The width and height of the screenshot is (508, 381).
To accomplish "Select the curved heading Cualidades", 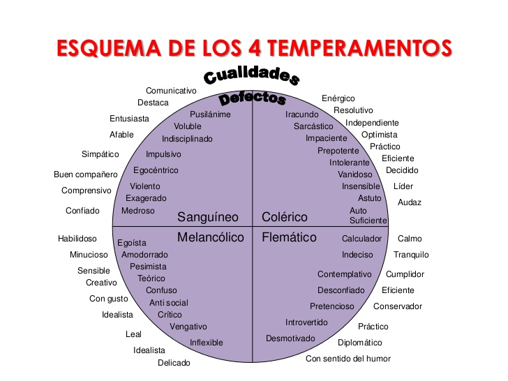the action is (251, 75).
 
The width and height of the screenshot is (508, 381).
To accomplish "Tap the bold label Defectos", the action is (253, 98).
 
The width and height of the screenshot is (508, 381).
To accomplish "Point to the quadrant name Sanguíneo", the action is (208, 217).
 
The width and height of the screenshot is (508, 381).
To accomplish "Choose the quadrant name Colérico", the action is (285, 217).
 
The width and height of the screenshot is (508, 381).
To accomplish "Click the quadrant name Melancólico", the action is (211, 237).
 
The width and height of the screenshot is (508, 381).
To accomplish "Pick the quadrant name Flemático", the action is (289, 237).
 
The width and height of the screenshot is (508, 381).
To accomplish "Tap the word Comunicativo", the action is (171, 91).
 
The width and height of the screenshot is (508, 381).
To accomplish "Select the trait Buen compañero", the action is (86, 174).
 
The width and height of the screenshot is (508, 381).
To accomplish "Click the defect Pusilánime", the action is (210, 114).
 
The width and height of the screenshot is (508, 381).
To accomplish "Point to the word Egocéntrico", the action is (156, 170).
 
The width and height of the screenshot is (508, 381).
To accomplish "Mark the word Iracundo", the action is (302, 114).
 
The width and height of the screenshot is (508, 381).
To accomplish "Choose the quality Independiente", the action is (372, 123).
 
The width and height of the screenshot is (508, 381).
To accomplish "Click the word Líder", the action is (403, 186).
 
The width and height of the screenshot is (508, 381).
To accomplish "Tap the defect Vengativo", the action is (188, 327).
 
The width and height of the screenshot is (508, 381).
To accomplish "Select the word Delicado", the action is (174, 363).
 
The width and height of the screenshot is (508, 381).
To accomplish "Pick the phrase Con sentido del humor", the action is (348, 359).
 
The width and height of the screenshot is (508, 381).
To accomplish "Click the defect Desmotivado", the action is (290, 338).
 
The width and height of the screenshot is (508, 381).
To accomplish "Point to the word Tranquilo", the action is (411, 255).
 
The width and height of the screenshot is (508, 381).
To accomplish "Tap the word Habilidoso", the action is (77, 239).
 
